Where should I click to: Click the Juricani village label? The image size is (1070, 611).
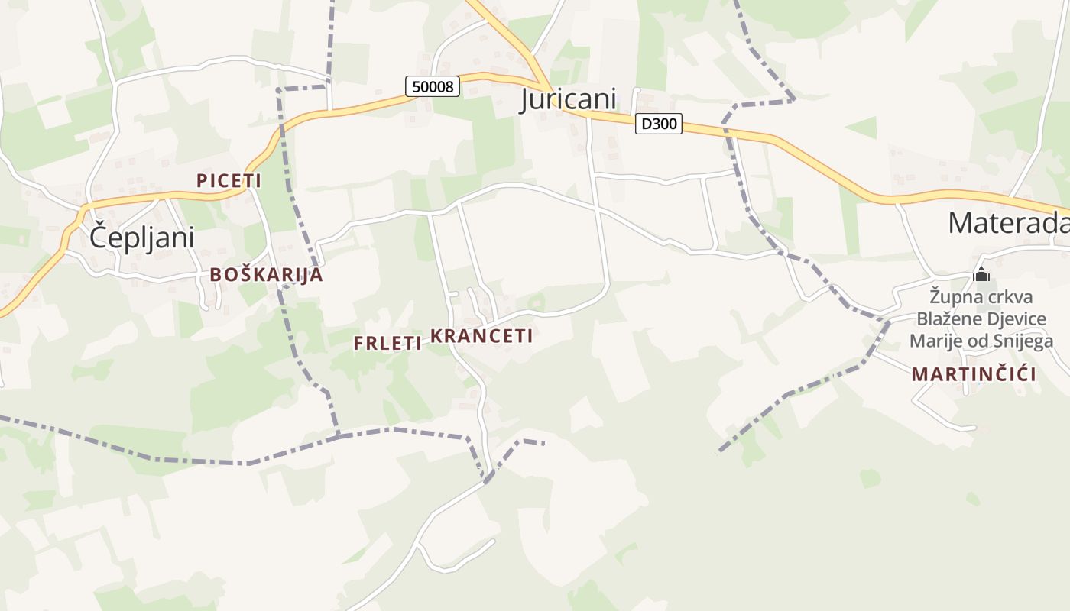pos(568,99)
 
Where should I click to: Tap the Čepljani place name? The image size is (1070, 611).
pos(141,237)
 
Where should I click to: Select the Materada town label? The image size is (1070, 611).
pos(1008,222)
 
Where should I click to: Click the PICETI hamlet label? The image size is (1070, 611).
pos(229,181)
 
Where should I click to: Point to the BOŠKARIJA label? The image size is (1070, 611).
pos(266,275)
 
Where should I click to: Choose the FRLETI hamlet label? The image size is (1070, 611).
pos(387,344)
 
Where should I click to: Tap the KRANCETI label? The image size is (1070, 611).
pos(481,336)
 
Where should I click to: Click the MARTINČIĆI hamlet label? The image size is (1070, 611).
pos(974,375)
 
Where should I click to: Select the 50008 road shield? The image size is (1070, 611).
pos(433,86)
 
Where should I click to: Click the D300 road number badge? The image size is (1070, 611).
pos(658,124)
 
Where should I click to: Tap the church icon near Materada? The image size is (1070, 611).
pos(981,274)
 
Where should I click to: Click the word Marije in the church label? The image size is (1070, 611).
pos(935,341)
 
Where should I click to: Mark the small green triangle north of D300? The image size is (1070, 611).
pos(863,127)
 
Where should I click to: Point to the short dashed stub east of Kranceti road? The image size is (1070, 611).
pos(530,441)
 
